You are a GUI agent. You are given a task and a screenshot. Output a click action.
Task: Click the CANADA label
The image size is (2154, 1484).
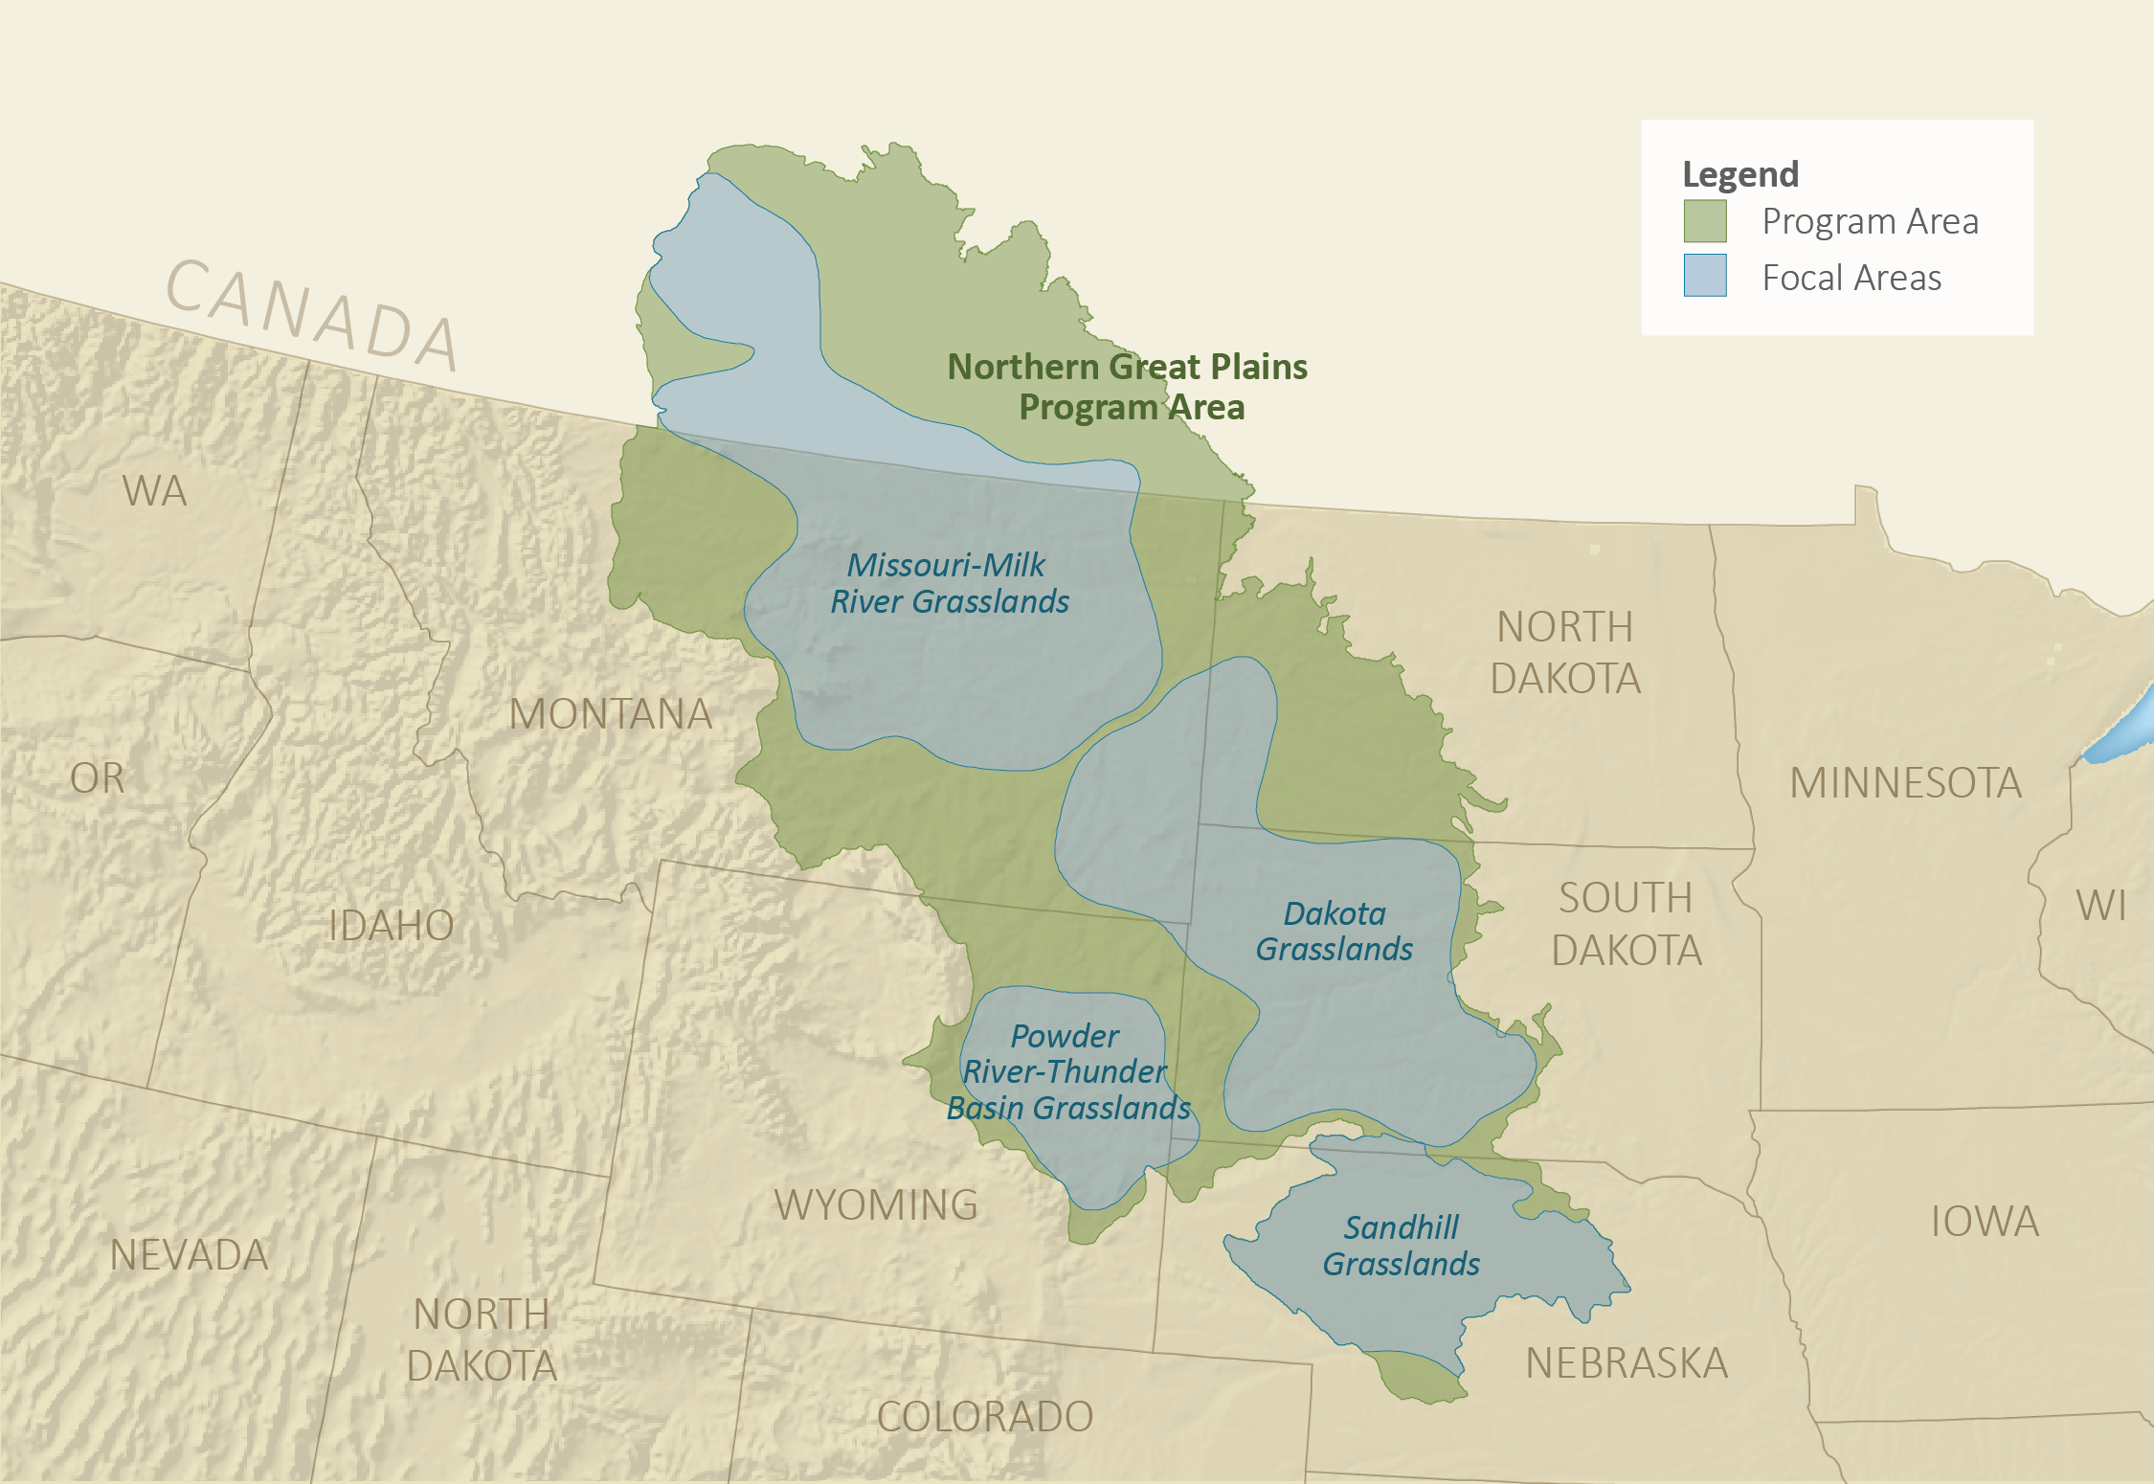[x=312, y=314]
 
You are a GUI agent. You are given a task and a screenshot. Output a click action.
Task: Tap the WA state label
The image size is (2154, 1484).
[x=154, y=491]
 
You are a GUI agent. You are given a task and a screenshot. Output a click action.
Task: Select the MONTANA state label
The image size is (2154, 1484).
[x=611, y=714]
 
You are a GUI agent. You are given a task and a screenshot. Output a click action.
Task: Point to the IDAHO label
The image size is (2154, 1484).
[x=391, y=926]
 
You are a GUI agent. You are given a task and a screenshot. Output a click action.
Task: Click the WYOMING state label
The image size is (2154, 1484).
[x=876, y=1205]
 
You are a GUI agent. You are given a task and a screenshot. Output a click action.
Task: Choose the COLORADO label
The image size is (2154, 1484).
[x=985, y=1417]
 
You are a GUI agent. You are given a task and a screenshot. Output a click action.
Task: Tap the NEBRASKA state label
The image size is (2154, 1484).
[x=1627, y=1363]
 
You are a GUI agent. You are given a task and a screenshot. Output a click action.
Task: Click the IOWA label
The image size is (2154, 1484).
[x=1985, y=1222]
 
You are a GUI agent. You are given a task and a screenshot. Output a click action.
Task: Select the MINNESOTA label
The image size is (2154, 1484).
[x=1905, y=783]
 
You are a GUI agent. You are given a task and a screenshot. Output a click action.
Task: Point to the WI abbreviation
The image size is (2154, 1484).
[x=2101, y=906]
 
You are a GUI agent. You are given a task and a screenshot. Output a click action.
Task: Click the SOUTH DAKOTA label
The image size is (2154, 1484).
[x=1627, y=925]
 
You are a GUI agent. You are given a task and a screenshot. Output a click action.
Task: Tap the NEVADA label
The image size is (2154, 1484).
[x=190, y=1255]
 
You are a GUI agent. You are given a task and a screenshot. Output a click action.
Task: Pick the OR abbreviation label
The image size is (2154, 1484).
[x=98, y=778]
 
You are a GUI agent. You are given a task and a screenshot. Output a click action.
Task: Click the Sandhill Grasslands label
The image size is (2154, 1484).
[x=1401, y=1246]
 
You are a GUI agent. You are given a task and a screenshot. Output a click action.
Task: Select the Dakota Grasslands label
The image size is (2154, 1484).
[x=1334, y=932]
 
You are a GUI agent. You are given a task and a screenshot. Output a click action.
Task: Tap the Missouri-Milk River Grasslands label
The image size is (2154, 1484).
[x=949, y=583]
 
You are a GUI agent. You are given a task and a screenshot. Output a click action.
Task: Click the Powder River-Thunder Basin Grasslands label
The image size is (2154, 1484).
[x=1067, y=1072]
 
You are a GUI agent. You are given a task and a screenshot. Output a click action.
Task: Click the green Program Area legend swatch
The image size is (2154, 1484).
[x=1705, y=221]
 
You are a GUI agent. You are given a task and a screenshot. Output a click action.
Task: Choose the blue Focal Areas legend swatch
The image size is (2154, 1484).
[x=1705, y=276]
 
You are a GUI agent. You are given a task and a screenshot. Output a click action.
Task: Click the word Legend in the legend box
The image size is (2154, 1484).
[x=1740, y=174]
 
